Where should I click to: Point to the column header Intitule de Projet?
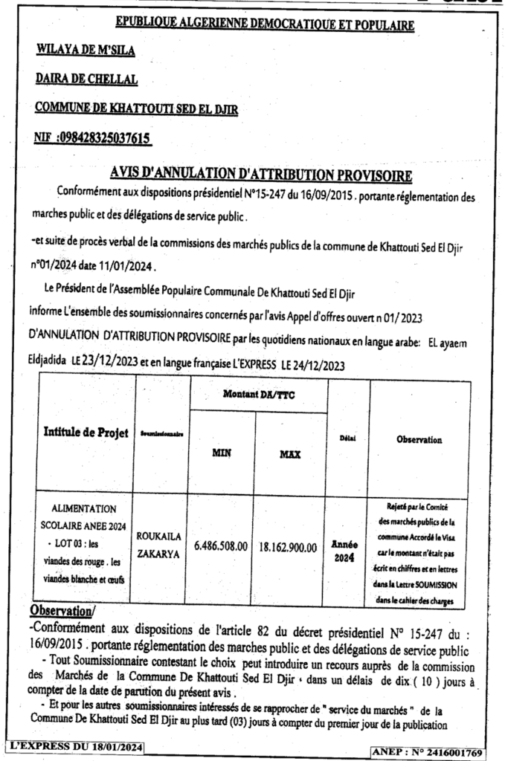click(86, 433)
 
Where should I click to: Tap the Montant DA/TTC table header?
click(259, 395)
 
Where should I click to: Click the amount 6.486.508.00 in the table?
click(221, 545)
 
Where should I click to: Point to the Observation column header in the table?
click(419, 439)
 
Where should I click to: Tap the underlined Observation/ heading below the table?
click(62, 611)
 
